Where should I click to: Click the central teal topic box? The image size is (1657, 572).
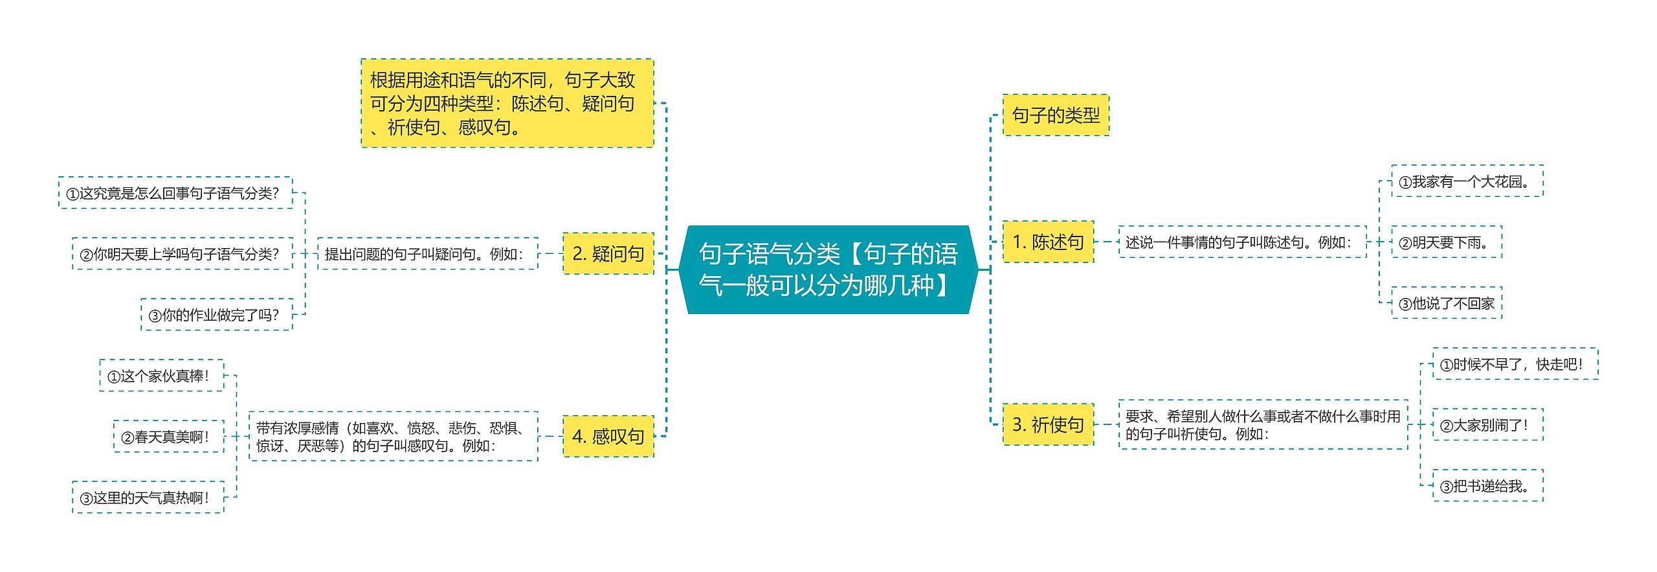(x=828, y=269)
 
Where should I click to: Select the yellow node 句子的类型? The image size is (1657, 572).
(x=1055, y=115)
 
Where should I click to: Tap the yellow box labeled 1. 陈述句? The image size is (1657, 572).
(x=1047, y=242)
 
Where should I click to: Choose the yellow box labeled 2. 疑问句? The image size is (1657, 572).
(x=608, y=253)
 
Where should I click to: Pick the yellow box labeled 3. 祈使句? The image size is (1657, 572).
(x=1047, y=424)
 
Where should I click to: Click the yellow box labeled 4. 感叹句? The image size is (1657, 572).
(x=608, y=436)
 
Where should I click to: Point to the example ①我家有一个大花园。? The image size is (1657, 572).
(x=1467, y=181)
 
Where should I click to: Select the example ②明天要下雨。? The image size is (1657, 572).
(x=1446, y=242)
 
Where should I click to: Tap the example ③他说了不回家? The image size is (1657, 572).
(x=1446, y=303)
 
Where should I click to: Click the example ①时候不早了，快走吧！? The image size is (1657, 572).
(x=1514, y=364)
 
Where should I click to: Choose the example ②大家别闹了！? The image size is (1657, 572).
(x=1487, y=425)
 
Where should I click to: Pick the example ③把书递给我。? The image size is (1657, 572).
(x=1487, y=485)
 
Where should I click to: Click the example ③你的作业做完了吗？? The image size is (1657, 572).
(x=216, y=315)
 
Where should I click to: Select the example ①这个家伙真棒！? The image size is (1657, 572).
(x=161, y=376)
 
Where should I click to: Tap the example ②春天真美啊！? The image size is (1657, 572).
(x=168, y=437)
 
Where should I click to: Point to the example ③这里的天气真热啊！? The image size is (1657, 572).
(x=148, y=498)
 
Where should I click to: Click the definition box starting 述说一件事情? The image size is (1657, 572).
(x=1241, y=242)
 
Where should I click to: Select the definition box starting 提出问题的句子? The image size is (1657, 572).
(x=427, y=253)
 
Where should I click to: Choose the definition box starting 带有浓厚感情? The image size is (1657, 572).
(x=393, y=436)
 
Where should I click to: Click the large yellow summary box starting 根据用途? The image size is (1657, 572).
(x=507, y=103)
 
